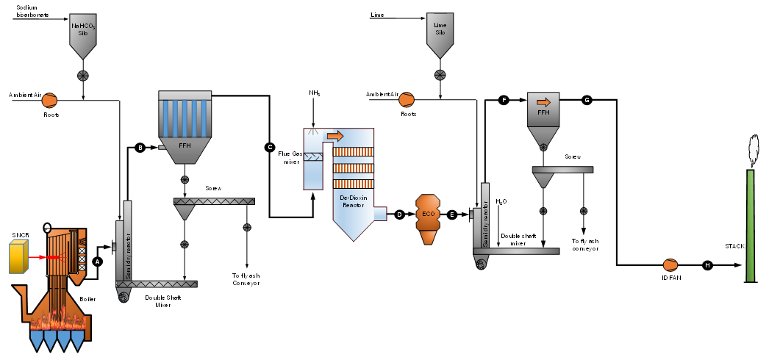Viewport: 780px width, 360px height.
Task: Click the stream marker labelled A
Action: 99,261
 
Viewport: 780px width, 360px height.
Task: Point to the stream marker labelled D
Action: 400,215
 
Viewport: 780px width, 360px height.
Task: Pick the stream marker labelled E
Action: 452,215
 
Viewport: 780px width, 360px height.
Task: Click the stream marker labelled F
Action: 504,100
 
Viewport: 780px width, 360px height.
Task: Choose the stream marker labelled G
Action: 587,100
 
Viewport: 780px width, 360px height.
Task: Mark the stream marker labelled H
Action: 708,265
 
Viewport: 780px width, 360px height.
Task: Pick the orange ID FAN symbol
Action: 670,265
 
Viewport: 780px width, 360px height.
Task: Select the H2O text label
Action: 501,201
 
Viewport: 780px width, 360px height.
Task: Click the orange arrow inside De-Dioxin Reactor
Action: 334,136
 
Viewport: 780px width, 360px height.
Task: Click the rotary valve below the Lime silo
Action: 440,74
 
